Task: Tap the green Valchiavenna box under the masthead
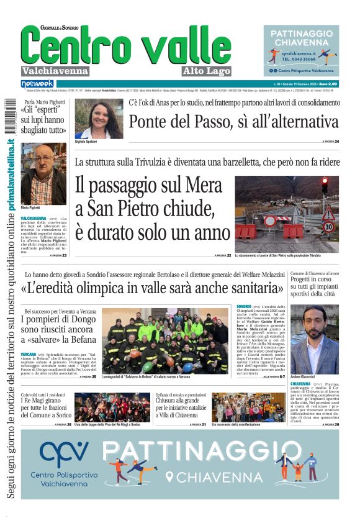click(55, 70)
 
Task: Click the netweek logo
click(37, 83)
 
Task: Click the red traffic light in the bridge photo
click(324, 184)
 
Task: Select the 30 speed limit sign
click(328, 227)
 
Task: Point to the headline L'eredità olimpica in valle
click(152, 289)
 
